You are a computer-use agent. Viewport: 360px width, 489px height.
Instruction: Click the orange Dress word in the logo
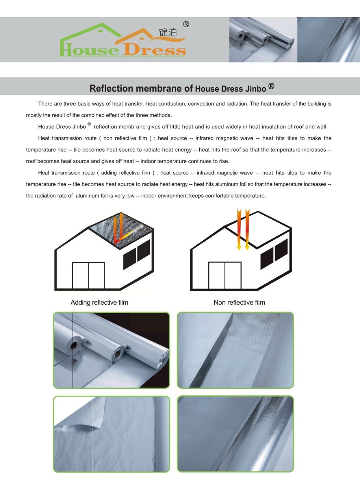pos(155,49)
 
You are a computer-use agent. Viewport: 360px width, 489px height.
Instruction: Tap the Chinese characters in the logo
pos(168,33)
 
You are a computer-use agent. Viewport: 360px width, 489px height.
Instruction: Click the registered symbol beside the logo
pos(186,24)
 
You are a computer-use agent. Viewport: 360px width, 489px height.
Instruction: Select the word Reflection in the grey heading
pos(111,88)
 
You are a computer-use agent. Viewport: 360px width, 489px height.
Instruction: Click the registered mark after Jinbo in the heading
pos(271,86)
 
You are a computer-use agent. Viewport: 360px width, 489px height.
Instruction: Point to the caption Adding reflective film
pos(99,303)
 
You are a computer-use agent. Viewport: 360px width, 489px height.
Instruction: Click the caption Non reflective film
pos(239,303)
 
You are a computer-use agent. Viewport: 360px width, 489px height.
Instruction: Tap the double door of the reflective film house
pos(88,275)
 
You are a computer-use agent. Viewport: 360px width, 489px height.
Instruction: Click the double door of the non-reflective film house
pos(225,275)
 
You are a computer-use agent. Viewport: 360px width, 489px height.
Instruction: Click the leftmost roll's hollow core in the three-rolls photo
pos(74,345)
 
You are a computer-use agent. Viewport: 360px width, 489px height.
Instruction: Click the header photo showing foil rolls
pos(263,40)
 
